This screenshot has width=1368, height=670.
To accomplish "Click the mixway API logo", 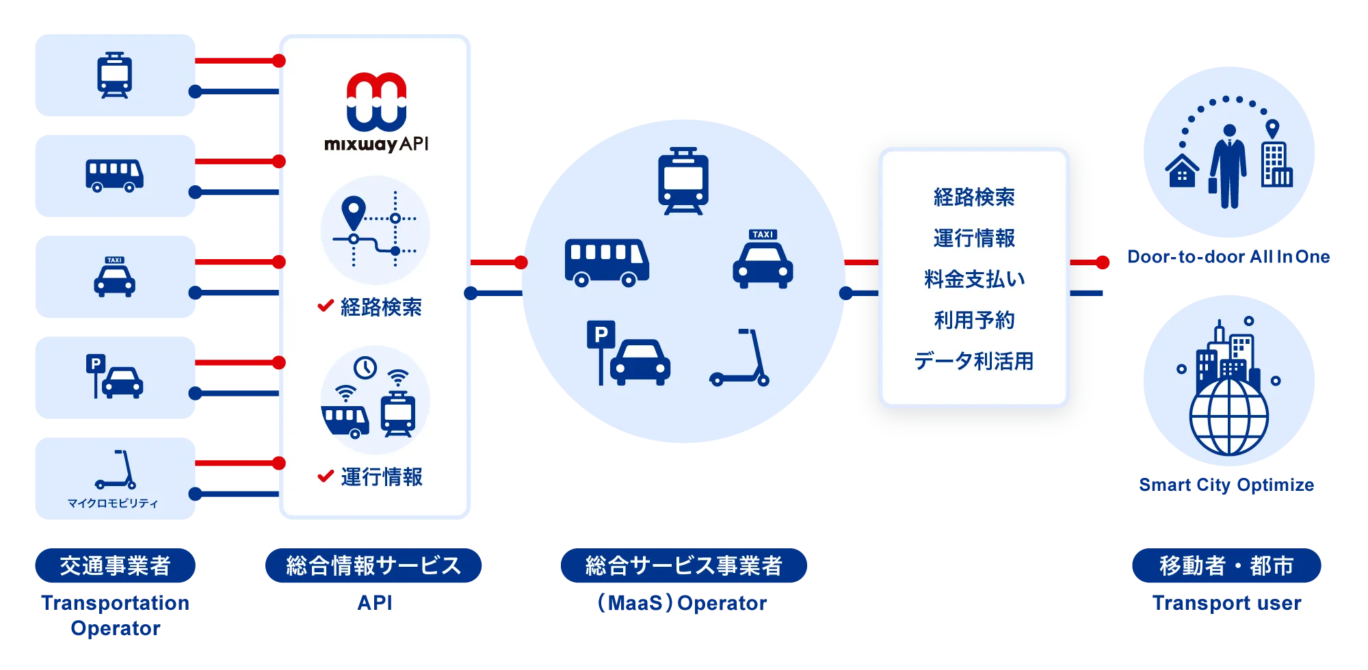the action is [x=376, y=111].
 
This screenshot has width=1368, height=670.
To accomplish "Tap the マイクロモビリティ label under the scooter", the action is [x=113, y=503].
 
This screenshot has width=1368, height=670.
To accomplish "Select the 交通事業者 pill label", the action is [x=115, y=565].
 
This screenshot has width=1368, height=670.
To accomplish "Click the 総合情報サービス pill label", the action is [x=373, y=565].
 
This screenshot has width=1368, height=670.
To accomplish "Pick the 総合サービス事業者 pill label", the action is [x=684, y=565].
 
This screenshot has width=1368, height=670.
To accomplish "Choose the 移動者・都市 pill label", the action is [x=1226, y=565].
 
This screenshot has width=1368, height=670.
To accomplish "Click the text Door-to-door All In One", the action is [x=1228, y=256].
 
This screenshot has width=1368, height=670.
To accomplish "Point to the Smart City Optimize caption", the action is [x=1226, y=485].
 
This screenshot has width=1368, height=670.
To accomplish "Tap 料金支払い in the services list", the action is [x=974, y=279].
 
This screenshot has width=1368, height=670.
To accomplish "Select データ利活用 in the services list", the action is [x=974, y=361].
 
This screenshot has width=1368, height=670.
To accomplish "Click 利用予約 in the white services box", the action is [x=974, y=320].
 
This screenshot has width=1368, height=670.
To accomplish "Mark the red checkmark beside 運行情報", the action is [x=326, y=476].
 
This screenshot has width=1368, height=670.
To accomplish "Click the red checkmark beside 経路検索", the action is [x=326, y=306].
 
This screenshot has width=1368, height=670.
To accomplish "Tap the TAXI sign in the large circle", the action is [x=763, y=234].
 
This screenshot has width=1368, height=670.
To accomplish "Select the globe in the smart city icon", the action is [x=1228, y=417].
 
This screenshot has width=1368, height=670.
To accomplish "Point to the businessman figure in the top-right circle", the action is [x=1228, y=166].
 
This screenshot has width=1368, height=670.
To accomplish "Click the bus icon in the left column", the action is [x=114, y=176].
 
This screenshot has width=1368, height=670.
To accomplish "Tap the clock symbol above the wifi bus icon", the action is [x=365, y=368].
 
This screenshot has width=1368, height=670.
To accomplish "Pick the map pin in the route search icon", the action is [x=353, y=212].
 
